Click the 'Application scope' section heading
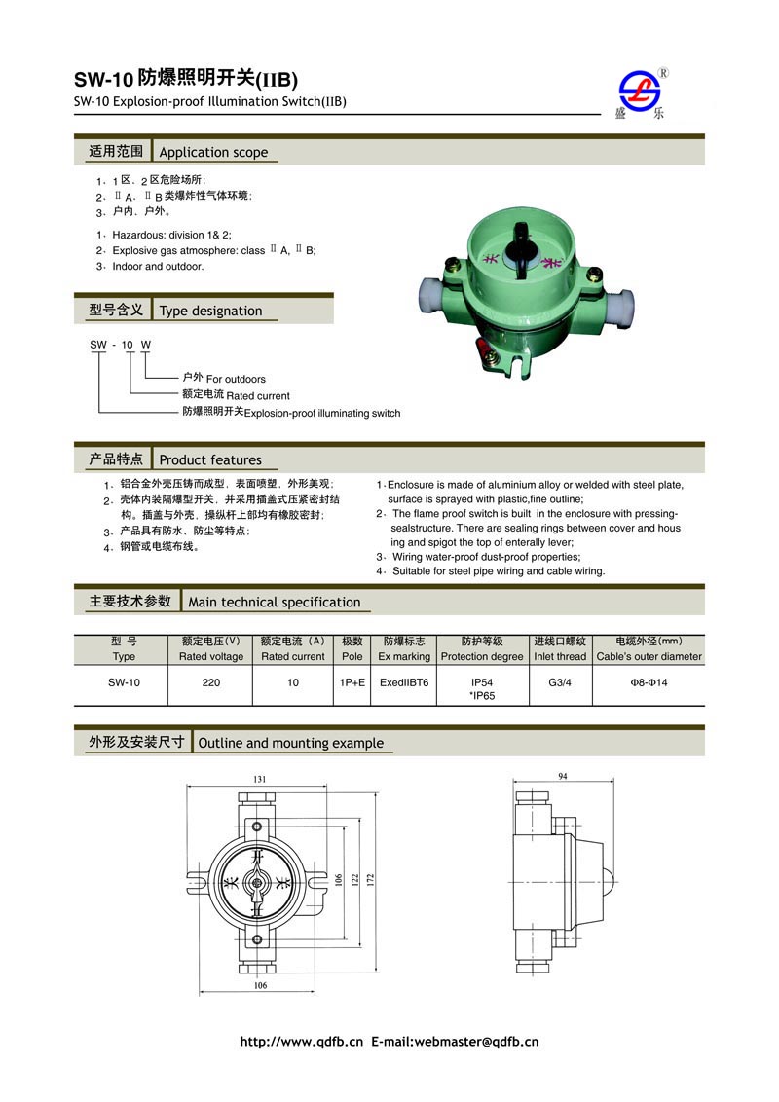click(x=212, y=152)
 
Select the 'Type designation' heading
click(x=210, y=311)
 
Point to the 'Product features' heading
click(x=209, y=459)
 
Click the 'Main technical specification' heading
click(x=274, y=602)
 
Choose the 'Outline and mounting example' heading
click(x=290, y=743)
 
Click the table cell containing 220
click(x=210, y=682)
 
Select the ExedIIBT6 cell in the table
click(x=403, y=682)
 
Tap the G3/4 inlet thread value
click(x=560, y=682)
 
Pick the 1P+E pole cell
click(x=352, y=682)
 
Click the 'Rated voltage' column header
click(x=211, y=656)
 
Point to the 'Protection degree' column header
click(x=481, y=656)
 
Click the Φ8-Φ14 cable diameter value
click(x=649, y=682)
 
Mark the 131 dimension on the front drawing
click(x=260, y=780)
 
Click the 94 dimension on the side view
click(x=563, y=776)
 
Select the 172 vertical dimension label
click(x=370, y=878)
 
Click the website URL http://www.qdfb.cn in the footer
click(x=301, y=1042)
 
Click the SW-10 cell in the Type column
click(x=124, y=682)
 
